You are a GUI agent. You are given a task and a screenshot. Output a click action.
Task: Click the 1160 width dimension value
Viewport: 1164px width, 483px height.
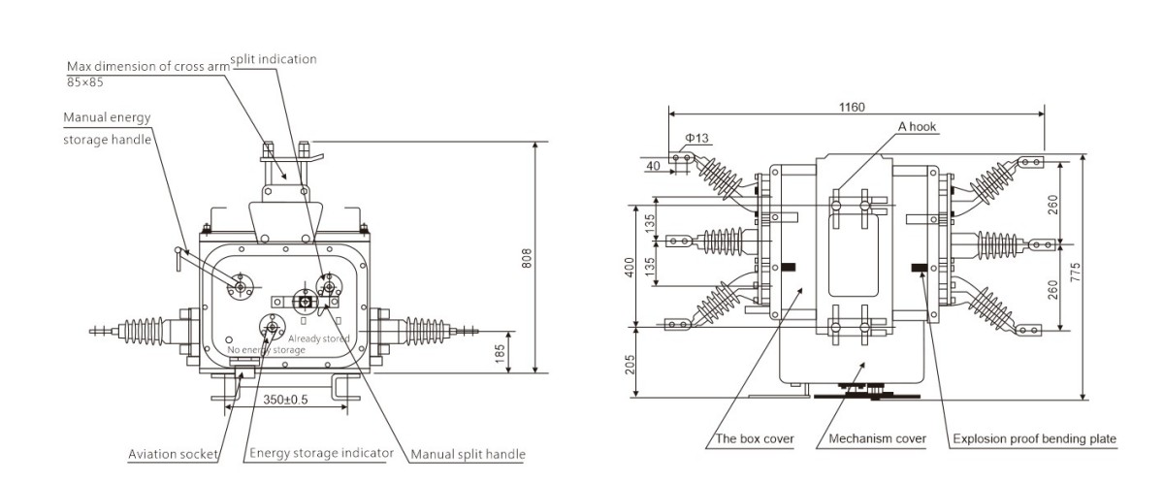pyautogui.click(x=853, y=107)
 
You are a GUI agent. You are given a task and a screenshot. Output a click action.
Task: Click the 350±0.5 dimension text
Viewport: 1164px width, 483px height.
pyautogui.click(x=285, y=400)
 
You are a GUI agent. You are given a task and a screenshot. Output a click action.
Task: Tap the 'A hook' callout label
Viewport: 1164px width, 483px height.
pyautogui.click(x=918, y=127)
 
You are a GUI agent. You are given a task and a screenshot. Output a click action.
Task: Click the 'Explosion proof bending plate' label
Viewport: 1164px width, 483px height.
pyautogui.click(x=1034, y=439)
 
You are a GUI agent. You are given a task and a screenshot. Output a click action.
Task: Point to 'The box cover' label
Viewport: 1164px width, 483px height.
pyautogui.click(x=755, y=439)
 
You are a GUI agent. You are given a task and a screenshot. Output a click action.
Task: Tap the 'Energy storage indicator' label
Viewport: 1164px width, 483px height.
pyautogui.click(x=321, y=453)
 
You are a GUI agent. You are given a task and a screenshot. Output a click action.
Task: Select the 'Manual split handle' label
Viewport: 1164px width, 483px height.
pyautogui.click(x=468, y=453)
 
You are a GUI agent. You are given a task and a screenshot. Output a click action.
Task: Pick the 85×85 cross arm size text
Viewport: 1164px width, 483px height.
pyautogui.click(x=84, y=80)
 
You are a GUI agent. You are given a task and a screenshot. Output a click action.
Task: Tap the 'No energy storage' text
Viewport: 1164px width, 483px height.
pyautogui.click(x=266, y=349)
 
